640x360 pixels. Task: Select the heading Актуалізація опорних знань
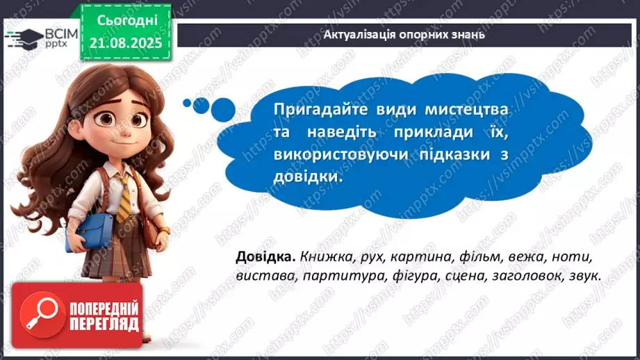(x=405, y=34)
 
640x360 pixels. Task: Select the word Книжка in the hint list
(x=322, y=257)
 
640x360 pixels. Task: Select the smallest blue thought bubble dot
(x=186, y=103)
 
